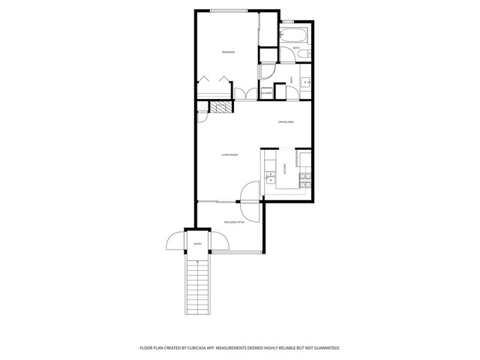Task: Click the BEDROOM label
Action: (229, 52)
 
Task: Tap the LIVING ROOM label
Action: (229, 155)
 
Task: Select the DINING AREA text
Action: (286, 121)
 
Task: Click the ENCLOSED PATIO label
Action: (233, 222)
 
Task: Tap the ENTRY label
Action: (198, 244)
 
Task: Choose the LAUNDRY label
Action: (266, 92)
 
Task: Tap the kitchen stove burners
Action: (304, 179)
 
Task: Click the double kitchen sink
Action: (270, 177)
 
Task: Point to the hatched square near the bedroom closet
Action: (217, 108)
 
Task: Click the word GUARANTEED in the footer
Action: (322, 348)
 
